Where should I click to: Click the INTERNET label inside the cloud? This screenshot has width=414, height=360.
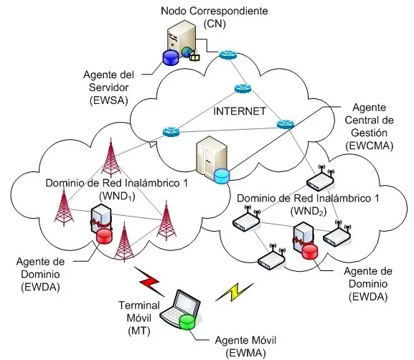pyautogui.click(x=240, y=111)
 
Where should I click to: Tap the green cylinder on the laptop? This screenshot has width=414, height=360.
pyautogui.click(x=187, y=322)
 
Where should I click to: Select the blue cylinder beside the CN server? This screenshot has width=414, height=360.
pyautogui.click(x=171, y=57)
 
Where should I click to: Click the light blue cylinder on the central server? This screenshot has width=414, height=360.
pyautogui.click(x=222, y=176)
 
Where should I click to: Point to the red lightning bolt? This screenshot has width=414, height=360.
pyautogui.click(x=150, y=281)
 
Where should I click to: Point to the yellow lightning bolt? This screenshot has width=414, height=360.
pyautogui.click(x=235, y=292)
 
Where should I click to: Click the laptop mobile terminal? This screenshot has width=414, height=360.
pyautogui.click(x=181, y=309)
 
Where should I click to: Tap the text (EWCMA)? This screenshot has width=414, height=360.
pyautogui.click(x=369, y=146)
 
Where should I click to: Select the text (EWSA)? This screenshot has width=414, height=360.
pyautogui.click(x=109, y=100)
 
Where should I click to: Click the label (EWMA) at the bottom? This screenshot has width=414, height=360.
pyautogui.click(x=245, y=353)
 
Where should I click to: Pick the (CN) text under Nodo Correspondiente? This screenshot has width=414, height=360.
pyautogui.click(x=215, y=24)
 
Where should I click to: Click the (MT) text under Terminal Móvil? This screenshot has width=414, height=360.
pyautogui.click(x=139, y=331)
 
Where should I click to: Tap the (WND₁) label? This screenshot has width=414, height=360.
pyautogui.click(x=117, y=196)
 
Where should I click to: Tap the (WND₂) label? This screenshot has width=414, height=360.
pyautogui.click(x=309, y=211)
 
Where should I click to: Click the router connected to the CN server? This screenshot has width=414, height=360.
pyautogui.click(x=228, y=55)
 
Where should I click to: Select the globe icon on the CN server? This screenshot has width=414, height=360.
pyautogui.click(x=187, y=52)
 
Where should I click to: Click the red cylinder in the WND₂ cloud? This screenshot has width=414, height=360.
pyautogui.click(x=310, y=252)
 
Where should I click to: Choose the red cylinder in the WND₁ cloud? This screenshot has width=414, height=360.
pyautogui.click(x=104, y=236)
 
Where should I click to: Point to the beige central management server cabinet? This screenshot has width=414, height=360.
pyautogui.click(x=211, y=157)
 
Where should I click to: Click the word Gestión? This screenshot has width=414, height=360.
pyautogui.click(x=369, y=133)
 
